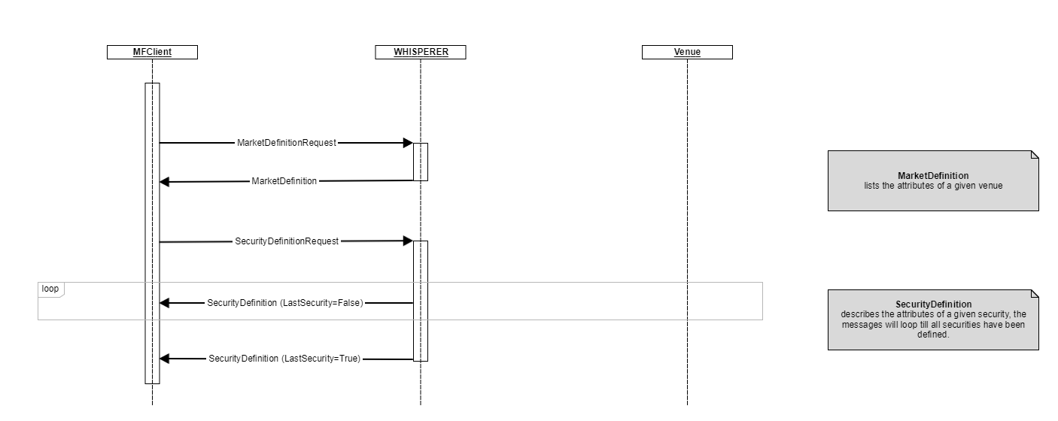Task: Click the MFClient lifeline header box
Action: tap(152, 53)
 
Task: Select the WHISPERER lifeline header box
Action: tap(420, 53)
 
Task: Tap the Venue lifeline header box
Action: tap(687, 53)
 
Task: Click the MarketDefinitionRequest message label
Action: tap(287, 143)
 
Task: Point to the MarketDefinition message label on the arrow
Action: tap(284, 181)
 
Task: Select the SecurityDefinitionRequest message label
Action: tap(287, 241)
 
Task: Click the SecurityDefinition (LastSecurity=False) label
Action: tap(285, 303)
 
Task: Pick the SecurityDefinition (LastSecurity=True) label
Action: tap(284, 359)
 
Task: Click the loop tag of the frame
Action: tap(50, 289)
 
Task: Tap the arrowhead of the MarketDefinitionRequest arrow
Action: tap(407, 143)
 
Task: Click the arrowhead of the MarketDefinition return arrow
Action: tap(165, 182)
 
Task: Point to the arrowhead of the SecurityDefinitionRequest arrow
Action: tap(407, 241)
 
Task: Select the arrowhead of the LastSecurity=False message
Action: tap(165, 303)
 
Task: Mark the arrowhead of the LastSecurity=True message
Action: tap(165, 359)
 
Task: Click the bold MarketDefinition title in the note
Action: tap(933, 176)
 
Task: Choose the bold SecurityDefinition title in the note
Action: tap(933, 304)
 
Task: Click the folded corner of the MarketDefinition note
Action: tap(1034, 155)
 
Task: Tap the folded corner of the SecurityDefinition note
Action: tap(1034, 294)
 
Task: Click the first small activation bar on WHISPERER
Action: tap(420, 162)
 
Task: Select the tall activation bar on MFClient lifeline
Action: tap(152, 233)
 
